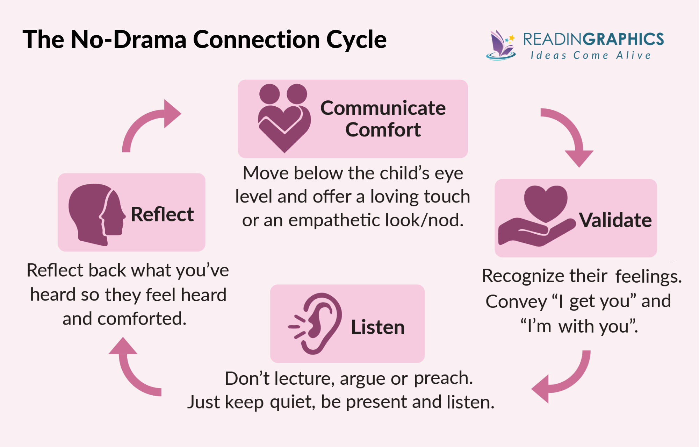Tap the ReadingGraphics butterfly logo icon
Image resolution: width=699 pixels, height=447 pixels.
coord(501,45)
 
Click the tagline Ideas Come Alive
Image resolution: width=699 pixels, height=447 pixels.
coord(591,55)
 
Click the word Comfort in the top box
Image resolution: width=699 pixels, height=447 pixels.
coord(383,130)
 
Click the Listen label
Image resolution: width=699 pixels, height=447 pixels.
coord(377,327)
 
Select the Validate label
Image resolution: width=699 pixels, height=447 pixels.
coord(615,220)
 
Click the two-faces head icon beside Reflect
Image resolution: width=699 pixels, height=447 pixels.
coord(96,214)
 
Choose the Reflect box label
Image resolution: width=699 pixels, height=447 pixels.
coord(162,214)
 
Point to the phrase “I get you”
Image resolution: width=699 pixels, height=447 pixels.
coord(594,301)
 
